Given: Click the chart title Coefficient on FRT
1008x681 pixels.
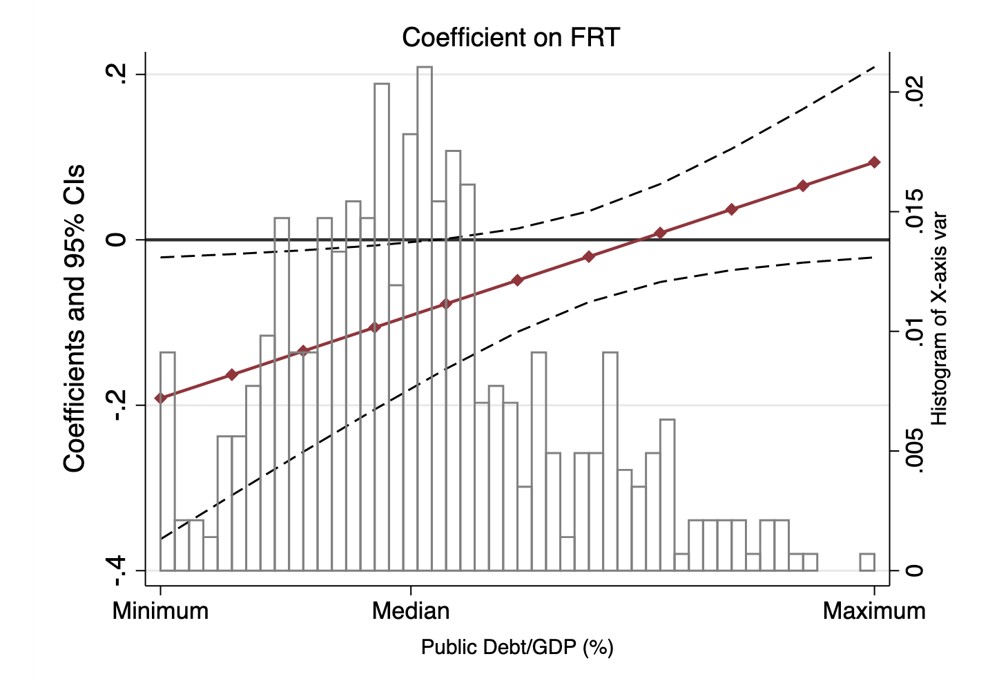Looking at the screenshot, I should point(511,37).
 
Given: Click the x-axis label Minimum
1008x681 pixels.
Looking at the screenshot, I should point(161,611).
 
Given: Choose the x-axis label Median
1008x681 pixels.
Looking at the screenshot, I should point(411,611).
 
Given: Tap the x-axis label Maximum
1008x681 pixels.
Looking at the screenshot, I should point(874,611).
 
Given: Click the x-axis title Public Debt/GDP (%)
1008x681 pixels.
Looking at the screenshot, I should point(517,647).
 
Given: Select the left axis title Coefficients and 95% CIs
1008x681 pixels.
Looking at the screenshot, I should point(75,318).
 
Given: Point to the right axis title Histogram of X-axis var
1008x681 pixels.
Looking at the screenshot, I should point(940,318).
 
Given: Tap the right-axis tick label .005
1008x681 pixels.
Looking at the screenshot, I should point(913,451).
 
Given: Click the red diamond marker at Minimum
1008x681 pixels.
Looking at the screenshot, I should point(161,398).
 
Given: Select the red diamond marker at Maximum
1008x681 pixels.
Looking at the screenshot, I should point(874,162).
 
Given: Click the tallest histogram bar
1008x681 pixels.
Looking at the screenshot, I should point(425,318).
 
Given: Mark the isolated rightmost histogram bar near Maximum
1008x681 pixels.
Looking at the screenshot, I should point(867,562).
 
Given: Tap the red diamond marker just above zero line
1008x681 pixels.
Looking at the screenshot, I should point(660,233).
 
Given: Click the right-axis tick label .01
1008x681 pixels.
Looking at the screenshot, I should point(913,332).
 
